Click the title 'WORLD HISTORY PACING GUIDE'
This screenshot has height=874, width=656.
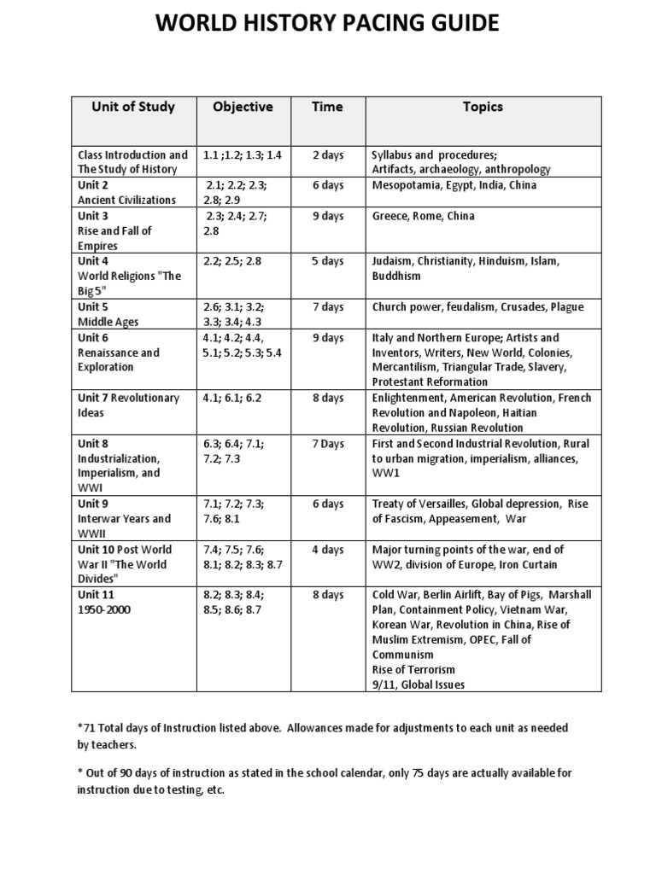(x=327, y=24)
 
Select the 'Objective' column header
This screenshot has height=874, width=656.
(x=243, y=107)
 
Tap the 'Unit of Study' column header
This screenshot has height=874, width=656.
(x=133, y=107)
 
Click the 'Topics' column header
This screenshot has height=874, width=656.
(x=483, y=107)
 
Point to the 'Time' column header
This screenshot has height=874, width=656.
(x=328, y=107)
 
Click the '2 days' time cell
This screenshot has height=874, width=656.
(x=328, y=155)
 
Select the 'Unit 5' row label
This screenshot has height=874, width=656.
(x=94, y=306)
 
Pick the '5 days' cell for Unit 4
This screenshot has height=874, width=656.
(x=328, y=261)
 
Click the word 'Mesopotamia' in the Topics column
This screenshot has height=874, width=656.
(x=405, y=185)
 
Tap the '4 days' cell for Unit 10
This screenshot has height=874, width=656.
(x=328, y=550)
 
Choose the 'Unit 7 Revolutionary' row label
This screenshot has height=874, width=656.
(x=129, y=398)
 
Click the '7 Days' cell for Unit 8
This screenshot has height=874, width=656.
(x=328, y=444)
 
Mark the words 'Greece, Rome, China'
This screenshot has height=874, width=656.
(x=423, y=216)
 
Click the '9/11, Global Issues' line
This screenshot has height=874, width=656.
(x=419, y=685)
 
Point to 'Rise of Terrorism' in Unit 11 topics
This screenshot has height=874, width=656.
(x=413, y=669)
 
